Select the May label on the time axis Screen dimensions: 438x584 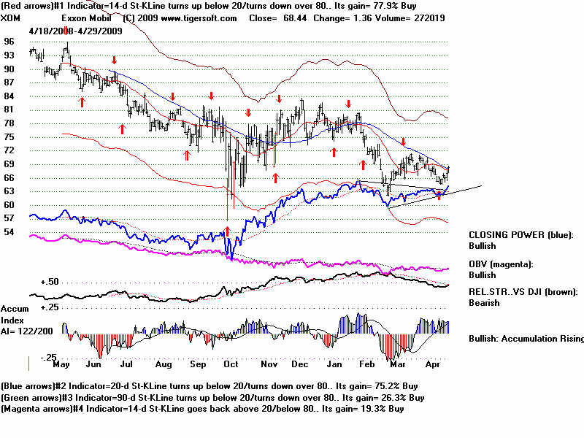(62, 364)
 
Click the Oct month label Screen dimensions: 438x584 (231, 364)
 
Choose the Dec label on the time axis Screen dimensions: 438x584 (299, 364)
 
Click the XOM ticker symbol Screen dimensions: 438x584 (12, 18)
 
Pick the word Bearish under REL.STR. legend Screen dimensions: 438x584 (485, 302)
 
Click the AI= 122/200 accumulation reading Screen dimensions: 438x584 (25, 329)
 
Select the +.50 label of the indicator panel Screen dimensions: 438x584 (29, 280)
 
